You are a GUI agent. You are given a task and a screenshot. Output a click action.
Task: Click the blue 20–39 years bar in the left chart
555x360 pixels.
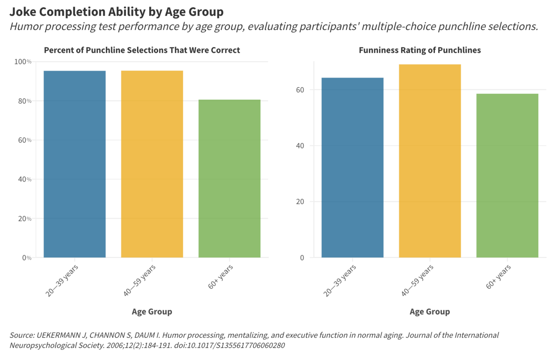click(x=75, y=164)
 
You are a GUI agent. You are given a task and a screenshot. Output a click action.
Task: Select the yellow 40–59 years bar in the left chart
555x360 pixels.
click(x=152, y=164)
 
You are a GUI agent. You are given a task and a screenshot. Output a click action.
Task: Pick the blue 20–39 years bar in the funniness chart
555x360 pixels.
click(x=352, y=168)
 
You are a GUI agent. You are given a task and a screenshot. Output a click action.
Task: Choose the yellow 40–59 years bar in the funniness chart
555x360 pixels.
click(x=430, y=161)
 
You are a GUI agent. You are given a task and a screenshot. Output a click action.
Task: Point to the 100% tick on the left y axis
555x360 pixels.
click(x=23, y=62)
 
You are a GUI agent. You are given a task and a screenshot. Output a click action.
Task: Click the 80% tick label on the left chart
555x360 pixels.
click(x=25, y=101)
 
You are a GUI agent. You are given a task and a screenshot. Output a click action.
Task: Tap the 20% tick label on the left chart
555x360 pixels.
click(x=25, y=218)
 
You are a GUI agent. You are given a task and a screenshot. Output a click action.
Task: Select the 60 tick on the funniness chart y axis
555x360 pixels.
click(x=300, y=90)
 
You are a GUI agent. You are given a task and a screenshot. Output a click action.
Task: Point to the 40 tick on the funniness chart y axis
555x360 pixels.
click(x=300, y=146)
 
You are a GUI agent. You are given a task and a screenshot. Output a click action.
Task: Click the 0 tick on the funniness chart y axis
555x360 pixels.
click(x=302, y=258)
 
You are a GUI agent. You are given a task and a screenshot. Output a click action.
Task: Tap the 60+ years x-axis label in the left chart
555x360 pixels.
click(x=221, y=277)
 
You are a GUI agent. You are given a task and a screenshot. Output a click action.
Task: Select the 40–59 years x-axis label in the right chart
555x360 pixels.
click(x=417, y=280)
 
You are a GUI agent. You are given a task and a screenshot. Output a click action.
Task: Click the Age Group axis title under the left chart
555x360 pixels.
click(x=152, y=311)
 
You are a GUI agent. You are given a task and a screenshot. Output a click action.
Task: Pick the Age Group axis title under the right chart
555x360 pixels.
click(x=430, y=311)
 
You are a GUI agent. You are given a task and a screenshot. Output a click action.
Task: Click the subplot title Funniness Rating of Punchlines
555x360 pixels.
click(x=420, y=50)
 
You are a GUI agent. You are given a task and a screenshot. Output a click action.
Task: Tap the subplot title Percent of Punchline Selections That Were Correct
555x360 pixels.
click(x=142, y=50)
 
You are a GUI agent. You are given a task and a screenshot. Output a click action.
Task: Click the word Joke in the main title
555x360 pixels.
click(x=23, y=12)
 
